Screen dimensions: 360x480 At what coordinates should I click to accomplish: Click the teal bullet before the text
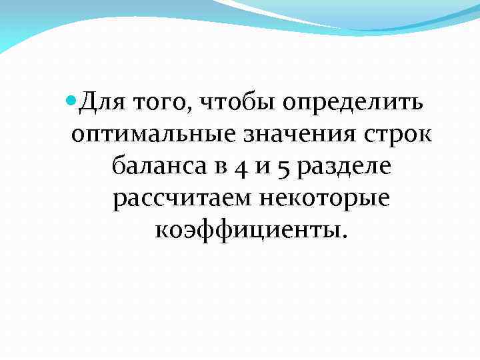click(73, 102)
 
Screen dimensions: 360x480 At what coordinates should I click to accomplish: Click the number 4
click(242, 167)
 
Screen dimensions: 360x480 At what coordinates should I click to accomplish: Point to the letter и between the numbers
click(261, 167)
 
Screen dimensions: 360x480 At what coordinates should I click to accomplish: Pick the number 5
click(281, 167)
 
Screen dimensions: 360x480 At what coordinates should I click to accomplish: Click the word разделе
click(344, 167)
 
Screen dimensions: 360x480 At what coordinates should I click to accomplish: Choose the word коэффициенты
click(246, 229)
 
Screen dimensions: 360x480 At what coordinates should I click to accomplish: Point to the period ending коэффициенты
click(345, 235)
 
